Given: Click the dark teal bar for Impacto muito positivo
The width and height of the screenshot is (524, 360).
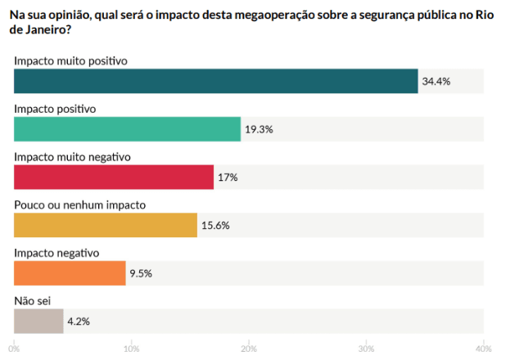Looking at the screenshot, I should coord(216,81).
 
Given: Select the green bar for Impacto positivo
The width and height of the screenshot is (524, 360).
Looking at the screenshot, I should coord(128,129).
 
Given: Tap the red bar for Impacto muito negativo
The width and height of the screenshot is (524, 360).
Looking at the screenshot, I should coord(114,177).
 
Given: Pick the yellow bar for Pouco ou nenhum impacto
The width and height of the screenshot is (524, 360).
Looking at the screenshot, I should coord(106,225).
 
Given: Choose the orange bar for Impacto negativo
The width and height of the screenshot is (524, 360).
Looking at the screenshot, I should coord(70,272).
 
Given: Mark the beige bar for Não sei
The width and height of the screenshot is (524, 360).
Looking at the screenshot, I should coord(38,321).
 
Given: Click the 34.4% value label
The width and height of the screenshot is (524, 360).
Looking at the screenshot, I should coord(436,82).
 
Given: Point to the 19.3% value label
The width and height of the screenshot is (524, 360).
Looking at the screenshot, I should coord(260,129).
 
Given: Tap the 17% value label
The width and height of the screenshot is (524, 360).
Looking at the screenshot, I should coord(227,178).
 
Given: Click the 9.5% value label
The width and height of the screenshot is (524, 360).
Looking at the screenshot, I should coord(142,273).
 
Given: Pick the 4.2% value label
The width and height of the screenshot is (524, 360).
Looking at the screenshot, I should coord(79,321).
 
